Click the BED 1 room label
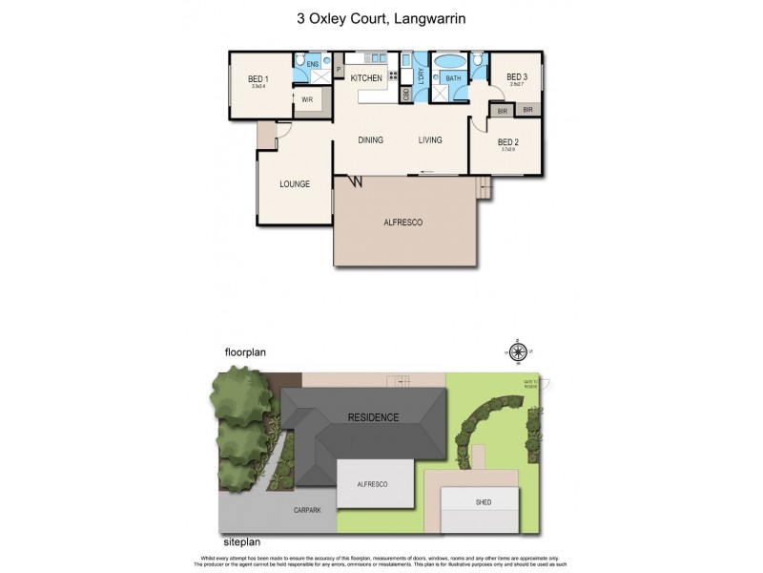pyautogui.click(x=258, y=78)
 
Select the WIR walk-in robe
pyautogui.click(x=307, y=99)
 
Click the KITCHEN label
pyautogui.click(x=366, y=78)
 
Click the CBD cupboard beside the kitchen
pyautogui.click(x=406, y=94)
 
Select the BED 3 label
pyautogui.click(x=516, y=77)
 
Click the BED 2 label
pyautogui.click(x=507, y=141)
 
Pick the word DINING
pyautogui.click(x=370, y=140)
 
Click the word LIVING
pyautogui.click(x=430, y=140)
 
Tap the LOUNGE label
pyautogui.click(x=294, y=183)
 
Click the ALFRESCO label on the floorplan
pyautogui.click(x=404, y=222)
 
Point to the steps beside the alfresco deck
pyautogui.click(x=486, y=189)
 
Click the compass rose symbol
pyautogui.click(x=517, y=350)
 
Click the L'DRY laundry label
pyautogui.click(x=421, y=77)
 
